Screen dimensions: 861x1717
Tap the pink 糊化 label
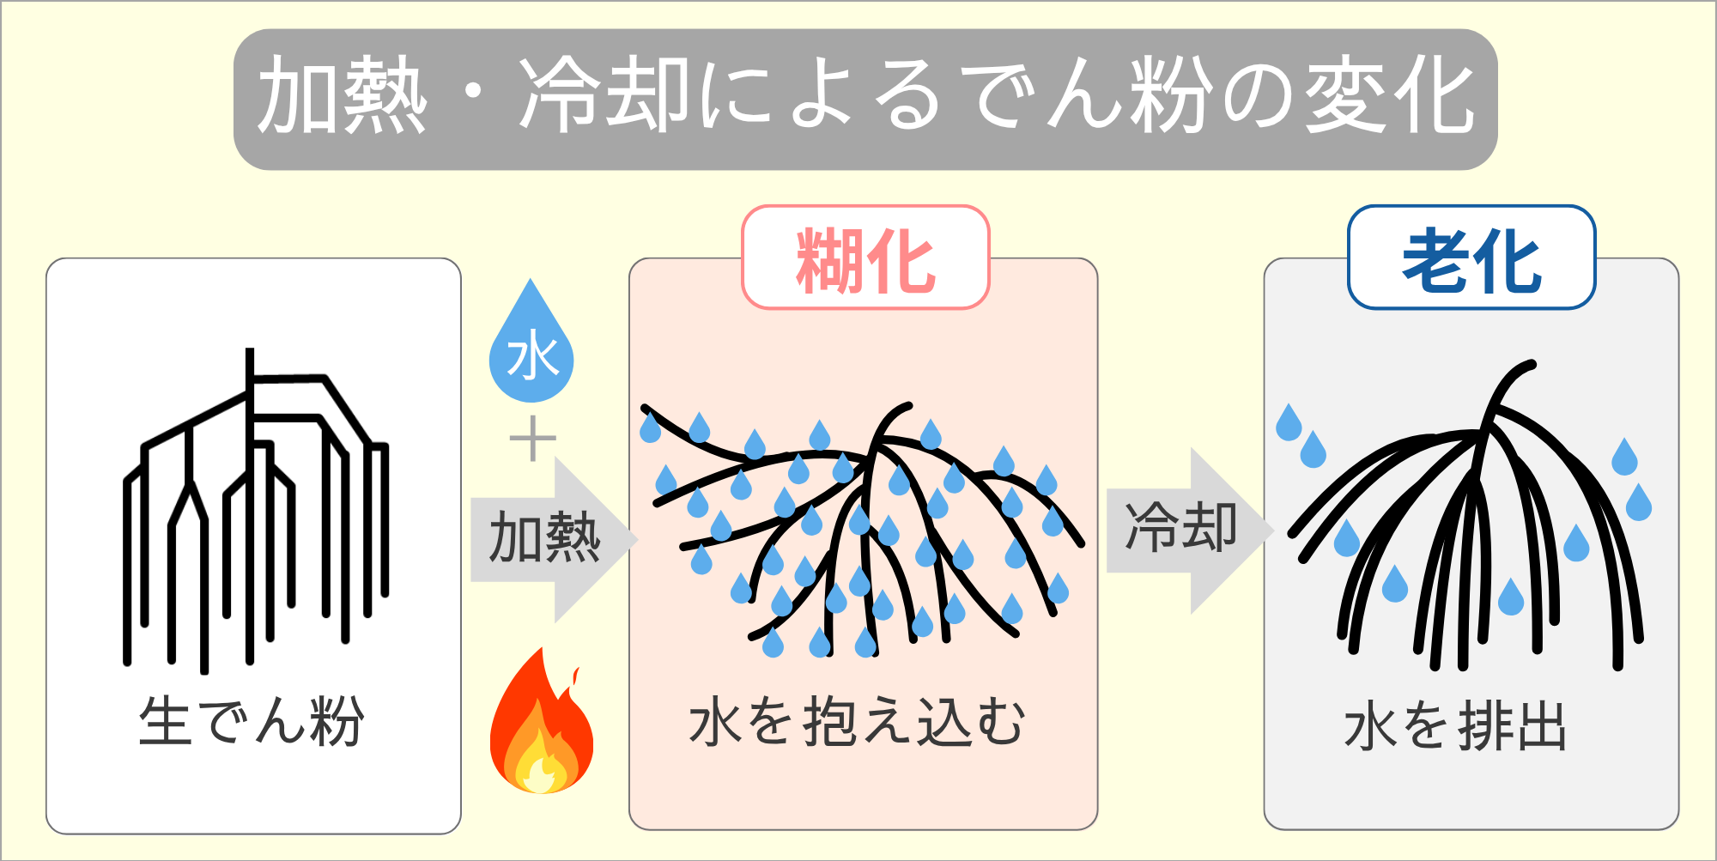[x=865, y=258]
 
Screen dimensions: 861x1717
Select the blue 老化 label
[x=1471, y=258]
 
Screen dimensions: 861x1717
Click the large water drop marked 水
[x=531, y=348]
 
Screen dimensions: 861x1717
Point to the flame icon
[x=541, y=725]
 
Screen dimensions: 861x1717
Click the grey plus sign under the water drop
[x=532, y=439]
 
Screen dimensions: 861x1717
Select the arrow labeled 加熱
[x=549, y=539]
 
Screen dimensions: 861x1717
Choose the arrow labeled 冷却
[x=1185, y=529]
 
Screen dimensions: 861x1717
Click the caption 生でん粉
[x=252, y=721]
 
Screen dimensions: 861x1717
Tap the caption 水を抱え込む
[x=857, y=721]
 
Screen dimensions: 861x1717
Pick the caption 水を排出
[x=1456, y=726]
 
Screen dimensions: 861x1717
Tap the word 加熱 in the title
[x=342, y=96]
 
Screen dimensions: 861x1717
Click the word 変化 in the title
[x=1388, y=96]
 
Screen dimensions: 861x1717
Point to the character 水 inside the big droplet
[x=532, y=357]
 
